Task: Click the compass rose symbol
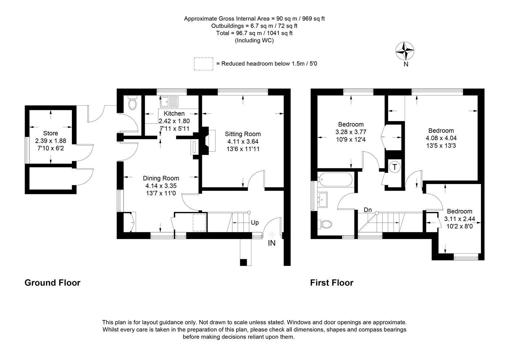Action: [405, 51]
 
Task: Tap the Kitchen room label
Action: [174, 114]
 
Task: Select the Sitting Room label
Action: [243, 134]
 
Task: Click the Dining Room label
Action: [161, 178]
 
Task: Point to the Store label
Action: [50, 133]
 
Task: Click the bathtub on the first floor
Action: [335, 180]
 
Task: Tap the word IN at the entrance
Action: [272, 243]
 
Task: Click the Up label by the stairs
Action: [254, 223]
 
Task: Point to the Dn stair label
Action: [367, 210]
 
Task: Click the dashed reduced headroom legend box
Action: [204, 64]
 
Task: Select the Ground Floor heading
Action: [52, 283]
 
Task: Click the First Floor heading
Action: [331, 283]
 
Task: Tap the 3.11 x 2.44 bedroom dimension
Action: [459, 219]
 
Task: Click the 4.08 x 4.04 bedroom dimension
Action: [441, 138]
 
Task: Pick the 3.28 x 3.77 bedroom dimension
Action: [351, 132]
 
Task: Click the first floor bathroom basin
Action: [323, 199]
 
